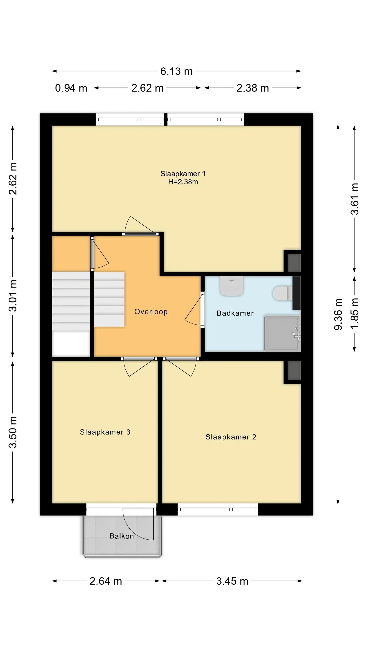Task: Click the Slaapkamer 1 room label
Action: [x=183, y=174]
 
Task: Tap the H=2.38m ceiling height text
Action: [x=183, y=182]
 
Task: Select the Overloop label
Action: [x=151, y=312]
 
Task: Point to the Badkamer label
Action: [x=235, y=313]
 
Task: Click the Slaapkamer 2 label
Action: [x=231, y=437]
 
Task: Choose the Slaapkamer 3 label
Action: [x=105, y=432]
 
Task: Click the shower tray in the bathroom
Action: [x=282, y=333]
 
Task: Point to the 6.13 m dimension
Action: [x=177, y=71]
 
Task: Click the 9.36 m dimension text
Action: [x=338, y=314]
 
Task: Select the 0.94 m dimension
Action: [x=71, y=88]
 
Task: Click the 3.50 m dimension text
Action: [x=13, y=432]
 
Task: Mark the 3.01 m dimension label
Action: [x=13, y=295]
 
